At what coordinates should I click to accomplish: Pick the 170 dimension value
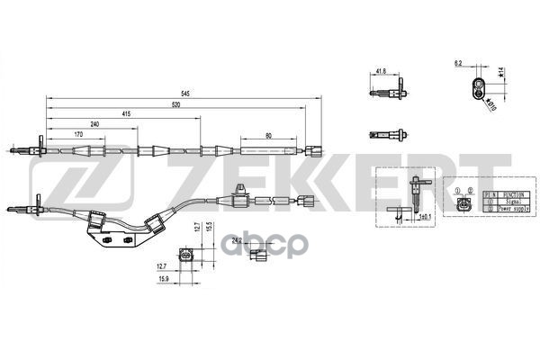coord(78,134)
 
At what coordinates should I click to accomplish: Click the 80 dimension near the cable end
coord(269,134)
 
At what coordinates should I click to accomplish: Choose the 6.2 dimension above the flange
coord(457,64)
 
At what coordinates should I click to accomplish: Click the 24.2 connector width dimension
coord(237,240)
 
